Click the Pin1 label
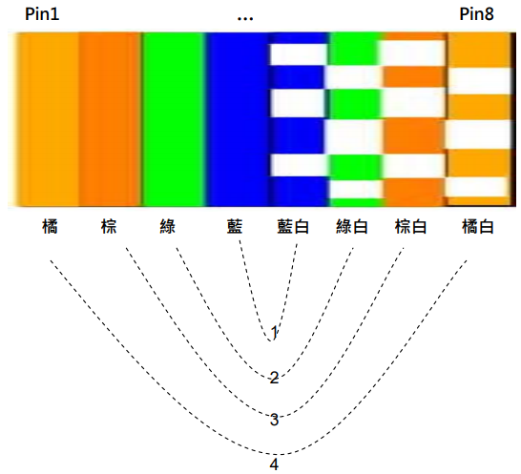pyautogui.click(x=42, y=14)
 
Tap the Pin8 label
pyautogui.click(x=476, y=14)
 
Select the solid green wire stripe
pyautogui.click(x=174, y=119)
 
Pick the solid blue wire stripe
pyautogui.click(x=238, y=119)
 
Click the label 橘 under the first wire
pyautogui.click(x=51, y=227)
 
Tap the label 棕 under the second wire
pyautogui.click(x=109, y=227)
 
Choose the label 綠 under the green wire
pyautogui.click(x=168, y=227)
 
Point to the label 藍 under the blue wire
pyautogui.click(x=235, y=227)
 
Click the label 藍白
pyautogui.click(x=293, y=227)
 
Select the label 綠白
pyautogui.click(x=352, y=227)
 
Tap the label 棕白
pyautogui.click(x=410, y=227)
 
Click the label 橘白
pyautogui.click(x=478, y=227)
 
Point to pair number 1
pyautogui.click(x=274, y=333)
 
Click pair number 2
pyautogui.click(x=274, y=378)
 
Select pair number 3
pyautogui.click(x=274, y=420)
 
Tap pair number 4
pyautogui.click(x=274, y=464)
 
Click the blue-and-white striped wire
pyautogui.click(x=298, y=119)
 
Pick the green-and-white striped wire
pyautogui.click(x=355, y=119)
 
